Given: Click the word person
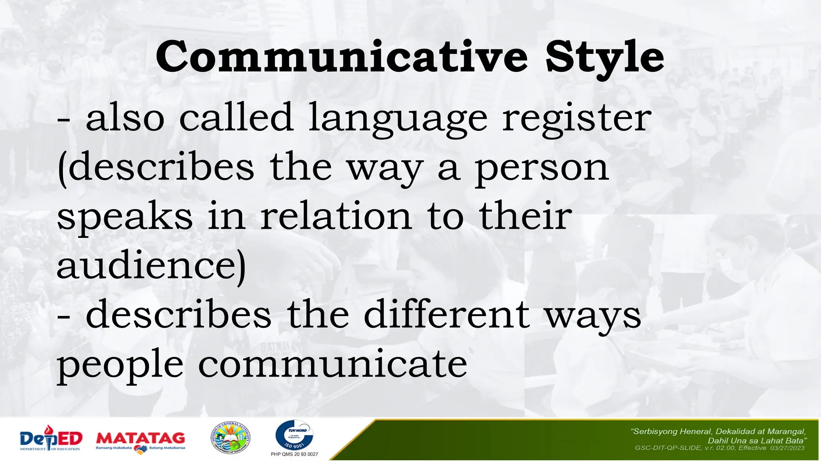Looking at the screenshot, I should coord(542,169).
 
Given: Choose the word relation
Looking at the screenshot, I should coord(336,216).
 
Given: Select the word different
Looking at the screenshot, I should coord(447,315).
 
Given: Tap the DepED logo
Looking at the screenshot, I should coord(51,440).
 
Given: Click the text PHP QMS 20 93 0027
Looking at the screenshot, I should coord(294,454).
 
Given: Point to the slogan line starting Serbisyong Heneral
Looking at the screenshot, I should coord(718,432).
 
